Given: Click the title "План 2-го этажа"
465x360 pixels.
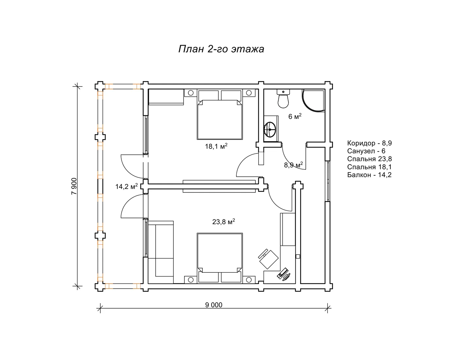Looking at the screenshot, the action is pos(221,49).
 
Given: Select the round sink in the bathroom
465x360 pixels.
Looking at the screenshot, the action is pos(270,129).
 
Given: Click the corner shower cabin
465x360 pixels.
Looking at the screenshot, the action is pos(313,100).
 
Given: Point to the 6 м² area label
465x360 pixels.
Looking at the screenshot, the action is pos(295,116).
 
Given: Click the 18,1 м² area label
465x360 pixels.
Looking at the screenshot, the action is pos(216,146).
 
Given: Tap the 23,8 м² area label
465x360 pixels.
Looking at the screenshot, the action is pos(223,222).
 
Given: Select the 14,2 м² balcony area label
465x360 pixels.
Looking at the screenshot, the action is pos(127,186).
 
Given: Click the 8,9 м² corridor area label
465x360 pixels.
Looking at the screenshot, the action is pos(293,165).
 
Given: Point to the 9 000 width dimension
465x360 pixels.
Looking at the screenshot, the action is pos(214,305).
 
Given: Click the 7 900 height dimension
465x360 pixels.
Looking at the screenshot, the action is pos(74,186).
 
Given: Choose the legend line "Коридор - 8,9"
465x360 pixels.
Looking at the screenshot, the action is pos(369,143).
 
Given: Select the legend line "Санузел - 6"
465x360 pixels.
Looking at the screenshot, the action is pos(366,151).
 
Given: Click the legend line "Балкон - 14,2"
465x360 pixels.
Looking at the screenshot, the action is pos(369,175).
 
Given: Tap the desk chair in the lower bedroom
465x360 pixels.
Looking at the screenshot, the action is pos(268,259).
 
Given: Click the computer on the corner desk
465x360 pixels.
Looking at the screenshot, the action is pos(284,274).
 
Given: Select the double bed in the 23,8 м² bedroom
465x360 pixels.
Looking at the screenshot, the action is pos(220,258).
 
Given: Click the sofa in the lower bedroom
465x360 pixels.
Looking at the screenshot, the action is pos(161,252).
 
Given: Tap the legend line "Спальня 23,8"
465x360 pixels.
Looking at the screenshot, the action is pos(369,159).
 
